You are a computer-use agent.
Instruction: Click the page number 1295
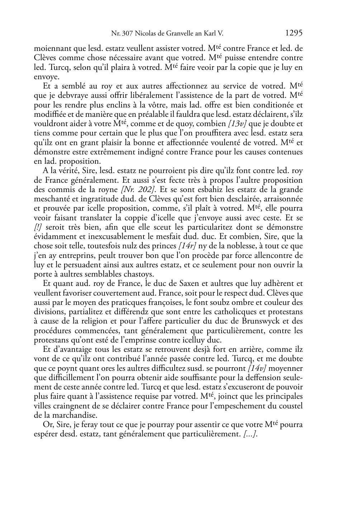294,33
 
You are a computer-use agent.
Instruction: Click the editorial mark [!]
38,227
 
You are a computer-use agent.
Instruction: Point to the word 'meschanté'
50,199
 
